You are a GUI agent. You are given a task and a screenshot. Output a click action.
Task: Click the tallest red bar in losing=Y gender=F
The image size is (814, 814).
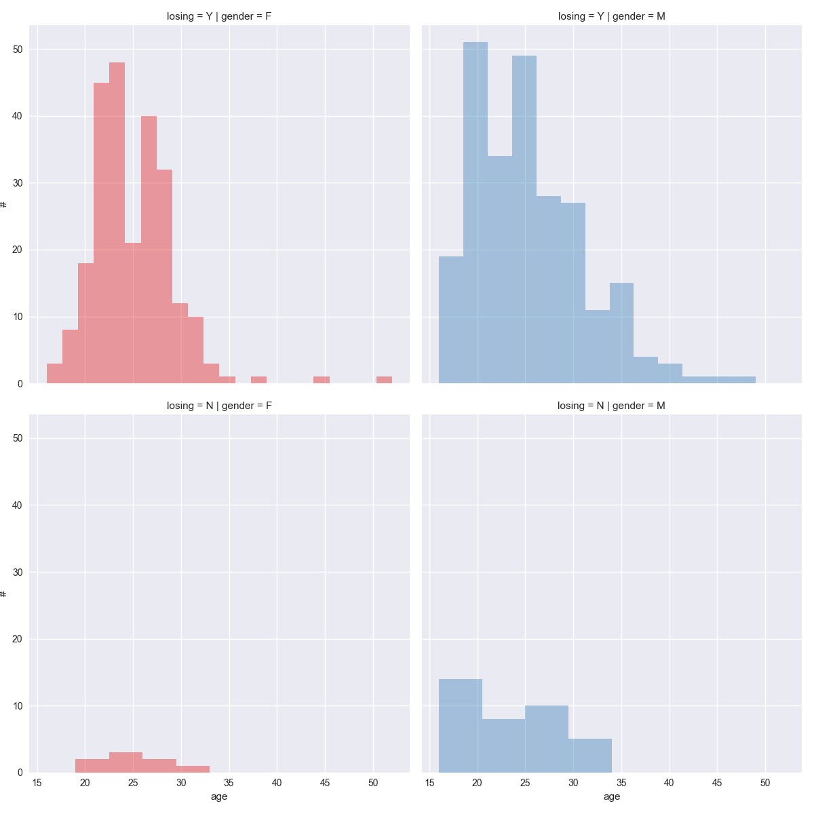(117, 224)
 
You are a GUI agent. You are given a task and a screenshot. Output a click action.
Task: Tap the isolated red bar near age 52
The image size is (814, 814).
(384, 380)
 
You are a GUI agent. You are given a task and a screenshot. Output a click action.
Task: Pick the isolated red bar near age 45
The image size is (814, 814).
(322, 380)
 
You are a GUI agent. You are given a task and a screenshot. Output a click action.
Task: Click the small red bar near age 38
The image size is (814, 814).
(258, 380)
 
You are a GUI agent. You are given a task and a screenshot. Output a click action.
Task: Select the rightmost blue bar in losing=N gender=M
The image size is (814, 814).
(590, 756)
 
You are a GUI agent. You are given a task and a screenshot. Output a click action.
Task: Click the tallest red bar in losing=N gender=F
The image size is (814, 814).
(125, 762)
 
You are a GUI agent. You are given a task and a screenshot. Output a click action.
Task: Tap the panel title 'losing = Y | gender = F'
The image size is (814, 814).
(219, 16)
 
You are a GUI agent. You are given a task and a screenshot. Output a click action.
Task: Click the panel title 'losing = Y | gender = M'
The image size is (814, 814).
(611, 16)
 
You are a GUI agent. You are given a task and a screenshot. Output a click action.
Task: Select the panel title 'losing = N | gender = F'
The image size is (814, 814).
(219, 406)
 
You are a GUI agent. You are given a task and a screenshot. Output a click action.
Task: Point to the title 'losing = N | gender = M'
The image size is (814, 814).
(611, 406)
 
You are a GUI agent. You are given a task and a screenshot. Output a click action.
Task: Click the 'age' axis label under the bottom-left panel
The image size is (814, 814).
(219, 796)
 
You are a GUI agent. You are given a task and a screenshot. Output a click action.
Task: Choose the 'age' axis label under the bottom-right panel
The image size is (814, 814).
(611, 796)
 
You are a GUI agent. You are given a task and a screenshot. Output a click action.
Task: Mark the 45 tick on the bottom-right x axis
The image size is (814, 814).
(718, 783)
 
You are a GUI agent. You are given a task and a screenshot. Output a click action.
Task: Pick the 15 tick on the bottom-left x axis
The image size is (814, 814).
(37, 783)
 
